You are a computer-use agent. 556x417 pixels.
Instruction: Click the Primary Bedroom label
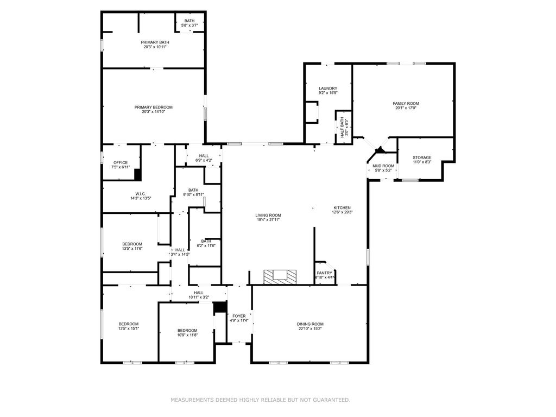[154, 107]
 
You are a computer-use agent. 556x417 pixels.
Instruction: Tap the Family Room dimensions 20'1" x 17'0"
[406, 108]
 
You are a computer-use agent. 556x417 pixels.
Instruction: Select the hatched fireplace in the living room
[280, 276]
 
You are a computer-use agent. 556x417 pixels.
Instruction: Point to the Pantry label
[325, 273]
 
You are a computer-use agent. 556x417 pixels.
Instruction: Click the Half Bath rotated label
[342, 128]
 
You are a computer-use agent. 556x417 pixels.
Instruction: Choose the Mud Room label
[383, 166]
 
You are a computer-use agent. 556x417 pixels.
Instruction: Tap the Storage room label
[422, 157]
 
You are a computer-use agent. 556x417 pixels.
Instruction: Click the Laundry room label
[328, 89]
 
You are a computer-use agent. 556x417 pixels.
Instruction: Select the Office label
[121, 163]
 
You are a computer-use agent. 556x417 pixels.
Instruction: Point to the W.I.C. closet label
[141, 194]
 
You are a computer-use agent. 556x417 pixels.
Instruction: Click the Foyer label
[239, 316]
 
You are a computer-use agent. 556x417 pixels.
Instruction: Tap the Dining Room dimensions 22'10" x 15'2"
[310, 328]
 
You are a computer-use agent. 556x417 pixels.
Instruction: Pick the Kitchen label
[342, 208]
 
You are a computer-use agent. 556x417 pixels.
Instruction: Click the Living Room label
[268, 215]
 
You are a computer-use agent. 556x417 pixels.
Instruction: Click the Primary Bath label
[155, 42]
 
